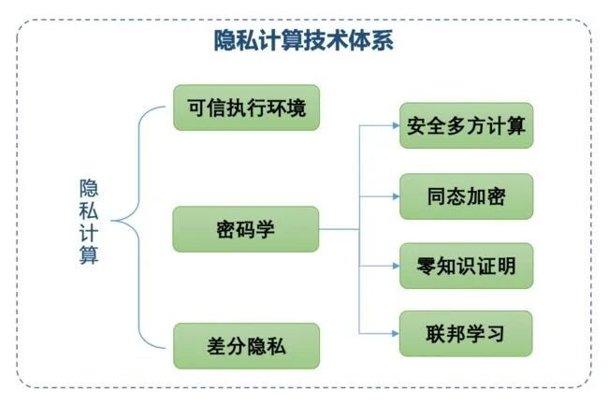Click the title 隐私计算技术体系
[x=304, y=40]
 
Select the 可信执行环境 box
[x=247, y=108]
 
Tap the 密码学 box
[x=246, y=229]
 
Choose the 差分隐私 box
[x=247, y=346]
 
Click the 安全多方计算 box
[x=467, y=125]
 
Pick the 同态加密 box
[x=467, y=196]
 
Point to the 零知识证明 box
[x=467, y=266]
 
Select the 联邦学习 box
[x=466, y=334]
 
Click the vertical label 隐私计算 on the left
[x=89, y=222]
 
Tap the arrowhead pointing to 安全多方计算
[x=396, y=125]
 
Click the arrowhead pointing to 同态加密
[x=396, y=196]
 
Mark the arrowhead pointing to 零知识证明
[x=396, y=266]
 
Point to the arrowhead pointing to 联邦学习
[x=396, y=333]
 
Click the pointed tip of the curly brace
[x=111, y=221]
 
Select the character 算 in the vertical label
[x=89, y=254]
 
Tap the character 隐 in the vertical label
[x=89, y=188]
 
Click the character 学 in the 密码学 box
[x=266, y=229]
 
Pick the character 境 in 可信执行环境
[x=297, y=108]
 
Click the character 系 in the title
[x=383, y=40]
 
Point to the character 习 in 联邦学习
[x=495, y=334]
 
